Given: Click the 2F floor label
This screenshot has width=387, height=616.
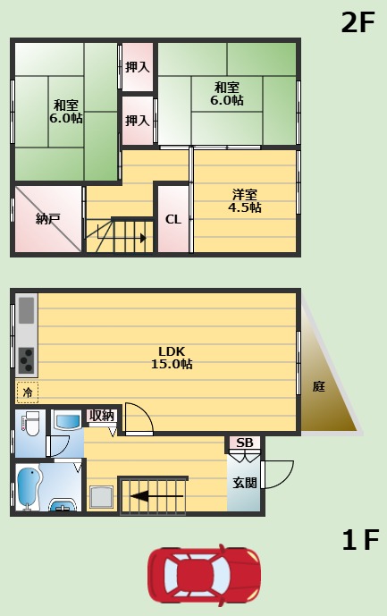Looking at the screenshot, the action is click(x=358, y=22).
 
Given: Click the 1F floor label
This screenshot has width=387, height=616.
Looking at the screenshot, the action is click(x=360, y=539).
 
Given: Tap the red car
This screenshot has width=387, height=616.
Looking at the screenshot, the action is click(x=204, y=576).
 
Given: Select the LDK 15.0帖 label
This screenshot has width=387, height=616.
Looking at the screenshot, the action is click(x=172, y=358).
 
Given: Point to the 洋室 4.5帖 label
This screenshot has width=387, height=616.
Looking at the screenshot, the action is click(x=244, y=201).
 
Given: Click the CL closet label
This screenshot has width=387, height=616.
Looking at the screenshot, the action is click(x=172, y=219).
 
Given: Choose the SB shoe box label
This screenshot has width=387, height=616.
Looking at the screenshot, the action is click(x=244, y=443).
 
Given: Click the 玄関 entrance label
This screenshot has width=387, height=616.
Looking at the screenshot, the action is click(x=244, y=483).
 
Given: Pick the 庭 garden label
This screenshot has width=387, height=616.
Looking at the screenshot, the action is click(x=319, y=386).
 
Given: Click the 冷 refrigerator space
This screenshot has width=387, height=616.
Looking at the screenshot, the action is click(x=28, y=392).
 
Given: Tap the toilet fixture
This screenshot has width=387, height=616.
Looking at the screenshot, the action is click(x=30, y=423).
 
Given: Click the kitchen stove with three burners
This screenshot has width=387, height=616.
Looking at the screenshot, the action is click(x=27, y=360).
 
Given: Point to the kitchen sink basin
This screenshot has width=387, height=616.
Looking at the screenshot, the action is click(x=26, y=310).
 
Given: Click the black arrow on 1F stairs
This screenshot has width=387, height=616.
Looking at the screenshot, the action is click(x=156, y=496).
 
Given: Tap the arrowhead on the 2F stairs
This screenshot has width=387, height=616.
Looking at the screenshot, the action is click(x=143, y=238).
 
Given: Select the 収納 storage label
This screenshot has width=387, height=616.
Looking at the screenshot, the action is click(x=101, y=416).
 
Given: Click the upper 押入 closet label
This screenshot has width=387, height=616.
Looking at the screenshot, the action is click(x=137, y=67).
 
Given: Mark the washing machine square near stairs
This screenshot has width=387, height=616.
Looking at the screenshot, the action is click(x=101, y=498).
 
